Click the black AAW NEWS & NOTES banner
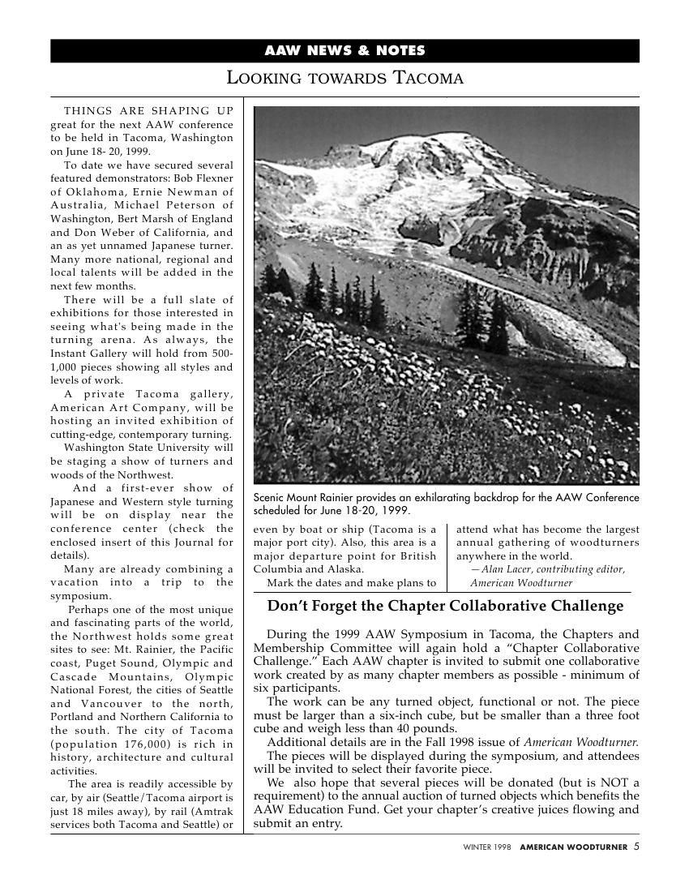[344, 51]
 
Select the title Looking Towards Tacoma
[344, 79]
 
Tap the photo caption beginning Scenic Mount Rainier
[446, 504]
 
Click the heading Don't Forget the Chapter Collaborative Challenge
[446, 607]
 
